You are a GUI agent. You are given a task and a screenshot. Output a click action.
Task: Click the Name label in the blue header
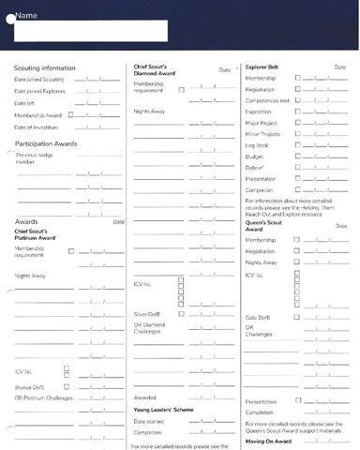tap(26, 16)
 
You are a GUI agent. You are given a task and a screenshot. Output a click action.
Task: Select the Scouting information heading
tap(44, 68)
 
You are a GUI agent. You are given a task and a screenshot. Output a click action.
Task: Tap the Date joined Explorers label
tap(40, 91)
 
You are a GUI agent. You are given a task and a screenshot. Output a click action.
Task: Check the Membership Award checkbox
tap(70, 115)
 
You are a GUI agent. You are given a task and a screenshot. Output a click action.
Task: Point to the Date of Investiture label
tap(37, 127)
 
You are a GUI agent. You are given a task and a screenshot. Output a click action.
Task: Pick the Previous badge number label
tap(35, 158)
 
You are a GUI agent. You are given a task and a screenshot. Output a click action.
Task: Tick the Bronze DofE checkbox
tap(67, 386)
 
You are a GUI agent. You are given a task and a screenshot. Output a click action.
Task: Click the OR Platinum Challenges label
tap(43, 397)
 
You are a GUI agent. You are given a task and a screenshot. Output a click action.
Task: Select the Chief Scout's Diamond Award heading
tap(154, 71)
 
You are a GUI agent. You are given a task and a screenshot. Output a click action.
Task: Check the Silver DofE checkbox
tap(181, 314)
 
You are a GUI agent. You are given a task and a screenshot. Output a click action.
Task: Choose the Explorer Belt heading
tap(262, 67)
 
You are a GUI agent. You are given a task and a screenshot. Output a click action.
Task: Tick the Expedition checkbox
tap(297, 112)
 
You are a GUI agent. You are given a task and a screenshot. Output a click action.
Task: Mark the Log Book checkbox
tap(297, 145)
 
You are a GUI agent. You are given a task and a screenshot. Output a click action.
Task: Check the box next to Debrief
tap(297, 168)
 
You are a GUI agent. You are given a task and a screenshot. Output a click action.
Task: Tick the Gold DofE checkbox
tap(297, 318)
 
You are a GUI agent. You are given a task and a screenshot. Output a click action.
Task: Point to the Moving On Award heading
tap(270, 441)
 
